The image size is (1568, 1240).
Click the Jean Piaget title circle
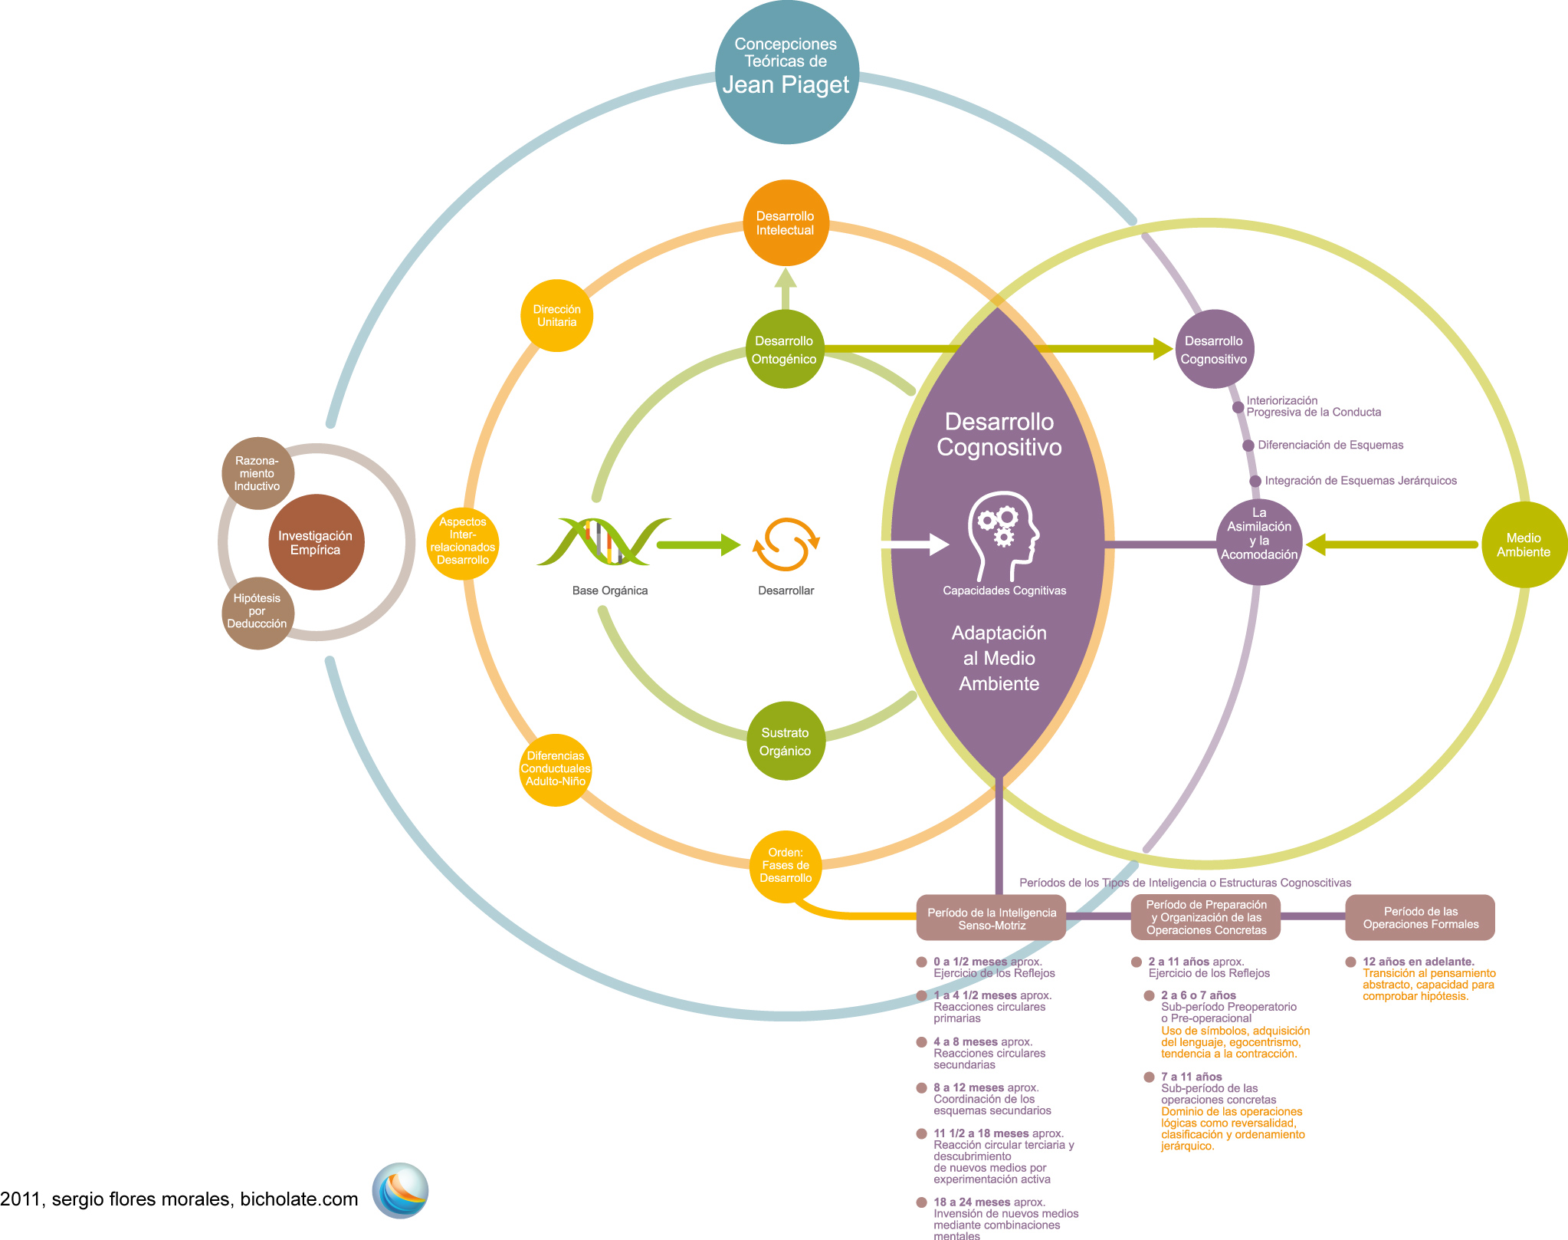786,71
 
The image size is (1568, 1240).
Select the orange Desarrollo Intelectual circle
786,223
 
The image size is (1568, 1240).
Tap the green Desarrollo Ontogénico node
784,350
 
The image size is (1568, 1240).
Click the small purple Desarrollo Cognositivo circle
1213,350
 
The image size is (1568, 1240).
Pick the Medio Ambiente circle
1524,544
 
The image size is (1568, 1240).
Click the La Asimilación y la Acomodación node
1258,541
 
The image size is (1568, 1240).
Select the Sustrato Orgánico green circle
785,742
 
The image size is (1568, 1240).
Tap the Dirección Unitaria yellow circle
557,316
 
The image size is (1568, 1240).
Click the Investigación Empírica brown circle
316,542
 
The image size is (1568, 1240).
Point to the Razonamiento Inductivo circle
258,473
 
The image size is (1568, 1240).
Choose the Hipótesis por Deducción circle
258,612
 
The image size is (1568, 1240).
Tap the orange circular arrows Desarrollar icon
786,544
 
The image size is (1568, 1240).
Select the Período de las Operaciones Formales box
1420,917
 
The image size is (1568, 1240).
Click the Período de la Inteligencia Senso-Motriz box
991,918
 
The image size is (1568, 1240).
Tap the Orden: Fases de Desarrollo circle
786,865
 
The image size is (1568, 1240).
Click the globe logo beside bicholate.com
400,1191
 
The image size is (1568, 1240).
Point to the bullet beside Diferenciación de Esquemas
1248,446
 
